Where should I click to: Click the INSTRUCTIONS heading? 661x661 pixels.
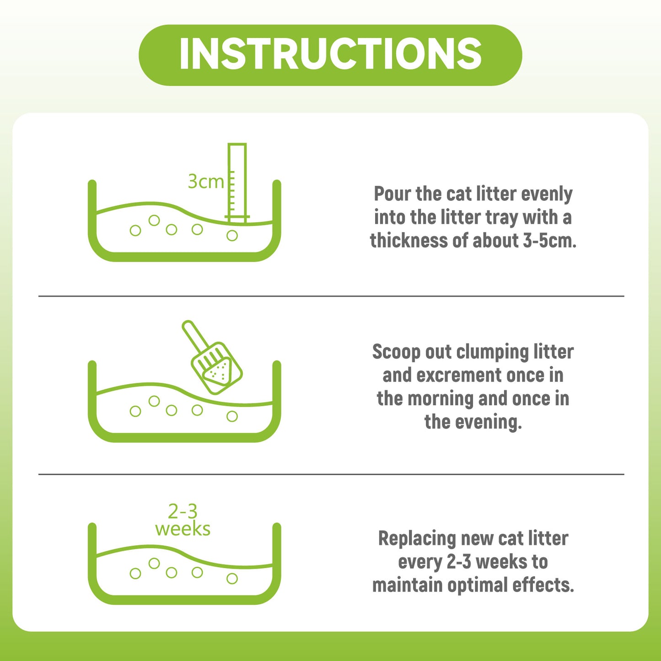pos(330,54)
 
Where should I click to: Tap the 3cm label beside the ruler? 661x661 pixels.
pos(206,181)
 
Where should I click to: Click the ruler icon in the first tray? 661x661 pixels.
pos(237,183)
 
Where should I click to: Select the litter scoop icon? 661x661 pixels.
pos(212,357)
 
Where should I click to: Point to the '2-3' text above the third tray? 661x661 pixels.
pos(183,512)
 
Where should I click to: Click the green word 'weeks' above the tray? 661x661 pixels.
pos(183,529)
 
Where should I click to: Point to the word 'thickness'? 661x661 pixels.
pos(408,241)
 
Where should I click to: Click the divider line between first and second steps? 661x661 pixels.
pos(331,296)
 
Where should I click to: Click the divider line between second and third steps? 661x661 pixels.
pos(331,474)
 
